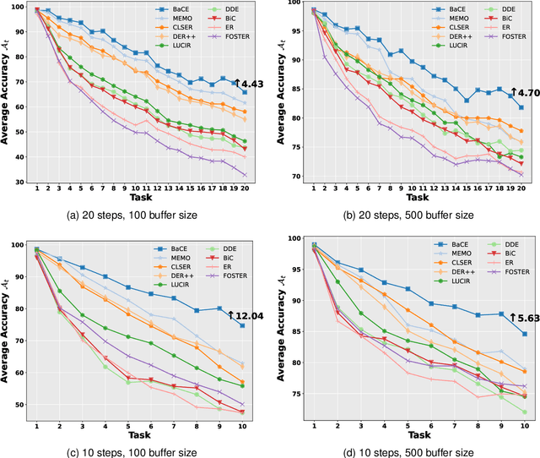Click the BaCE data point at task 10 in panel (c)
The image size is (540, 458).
click(x=243, y=325)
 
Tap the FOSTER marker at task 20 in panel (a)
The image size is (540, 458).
click(x=245, y=175)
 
